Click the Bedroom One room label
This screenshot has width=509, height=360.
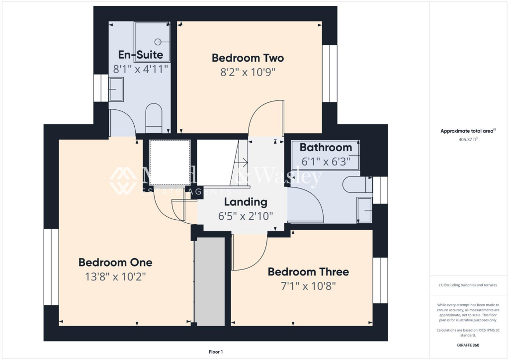[x=115, y=262]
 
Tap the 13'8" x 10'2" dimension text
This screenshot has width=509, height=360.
[x=115, y=277]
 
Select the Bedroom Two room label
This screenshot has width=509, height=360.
[x=248, y=58]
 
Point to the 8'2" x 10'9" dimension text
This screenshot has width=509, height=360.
[x=248, y=73]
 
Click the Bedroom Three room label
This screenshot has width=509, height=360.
[x=308, y=271]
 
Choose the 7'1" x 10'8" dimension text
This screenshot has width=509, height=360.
[x=308, y=286]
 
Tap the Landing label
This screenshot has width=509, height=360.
[x=246, y=202]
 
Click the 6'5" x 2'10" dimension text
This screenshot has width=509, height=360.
[x=246, y=216]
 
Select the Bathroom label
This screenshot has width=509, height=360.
[x=326, y=148]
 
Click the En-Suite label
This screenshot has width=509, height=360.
[x=140, y=55]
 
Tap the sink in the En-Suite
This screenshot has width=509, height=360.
[x=116, y=90]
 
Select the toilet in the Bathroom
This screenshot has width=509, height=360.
[x=356, y=184]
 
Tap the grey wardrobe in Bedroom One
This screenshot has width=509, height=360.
[x=209, y=281]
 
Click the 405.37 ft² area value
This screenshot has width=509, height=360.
[x=467, y=140]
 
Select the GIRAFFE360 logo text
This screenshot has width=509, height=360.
[x=467, y=345]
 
